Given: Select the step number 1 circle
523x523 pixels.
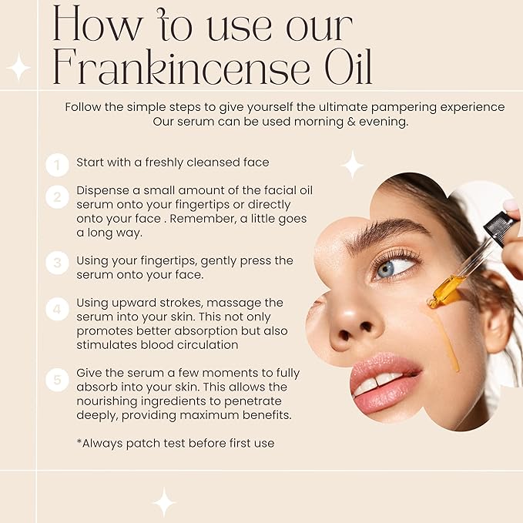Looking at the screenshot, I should pos(57,164).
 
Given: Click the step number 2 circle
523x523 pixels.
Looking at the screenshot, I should pos(57,198).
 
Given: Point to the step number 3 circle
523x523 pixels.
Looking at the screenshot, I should pos(57,263).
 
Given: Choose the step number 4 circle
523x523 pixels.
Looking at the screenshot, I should pos(57,310).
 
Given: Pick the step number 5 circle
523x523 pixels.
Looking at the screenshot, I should pos(57,380).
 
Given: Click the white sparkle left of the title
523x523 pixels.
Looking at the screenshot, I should pos(18,68).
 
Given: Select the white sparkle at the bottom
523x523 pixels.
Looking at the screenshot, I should pos(163,501).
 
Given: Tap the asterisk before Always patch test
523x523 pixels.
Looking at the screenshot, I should pos(79,442).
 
